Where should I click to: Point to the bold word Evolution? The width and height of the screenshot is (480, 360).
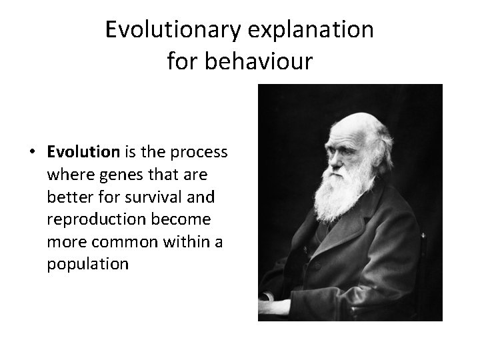click(x=83, y=152)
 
